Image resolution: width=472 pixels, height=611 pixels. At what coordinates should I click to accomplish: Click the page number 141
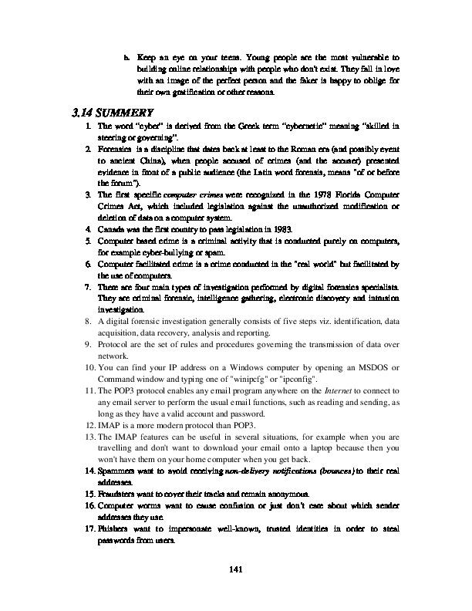point(237,569)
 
